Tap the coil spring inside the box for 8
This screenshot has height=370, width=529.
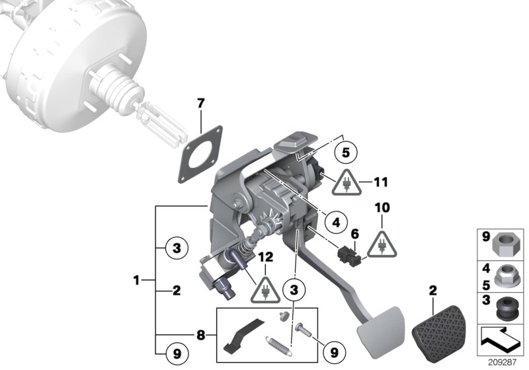click(278, 344)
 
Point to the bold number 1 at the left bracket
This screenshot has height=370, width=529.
click(136, 281)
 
